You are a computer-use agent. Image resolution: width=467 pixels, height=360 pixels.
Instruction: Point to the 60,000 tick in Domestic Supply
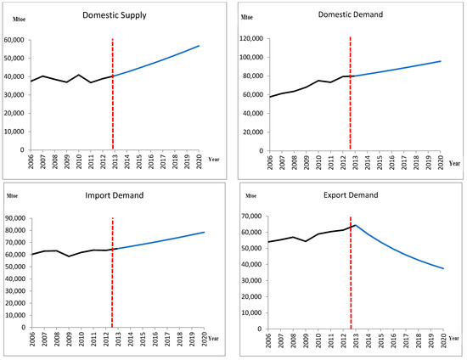point(14,40)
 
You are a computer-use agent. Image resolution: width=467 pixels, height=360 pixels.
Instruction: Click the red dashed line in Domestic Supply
point(112,93)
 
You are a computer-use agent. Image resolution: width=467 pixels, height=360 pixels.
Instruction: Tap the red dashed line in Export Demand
point(351,272)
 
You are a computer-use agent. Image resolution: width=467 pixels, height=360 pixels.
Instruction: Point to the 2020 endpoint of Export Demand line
point(443,268)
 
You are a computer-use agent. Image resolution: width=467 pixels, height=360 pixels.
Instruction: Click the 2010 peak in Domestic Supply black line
point(79,75)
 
